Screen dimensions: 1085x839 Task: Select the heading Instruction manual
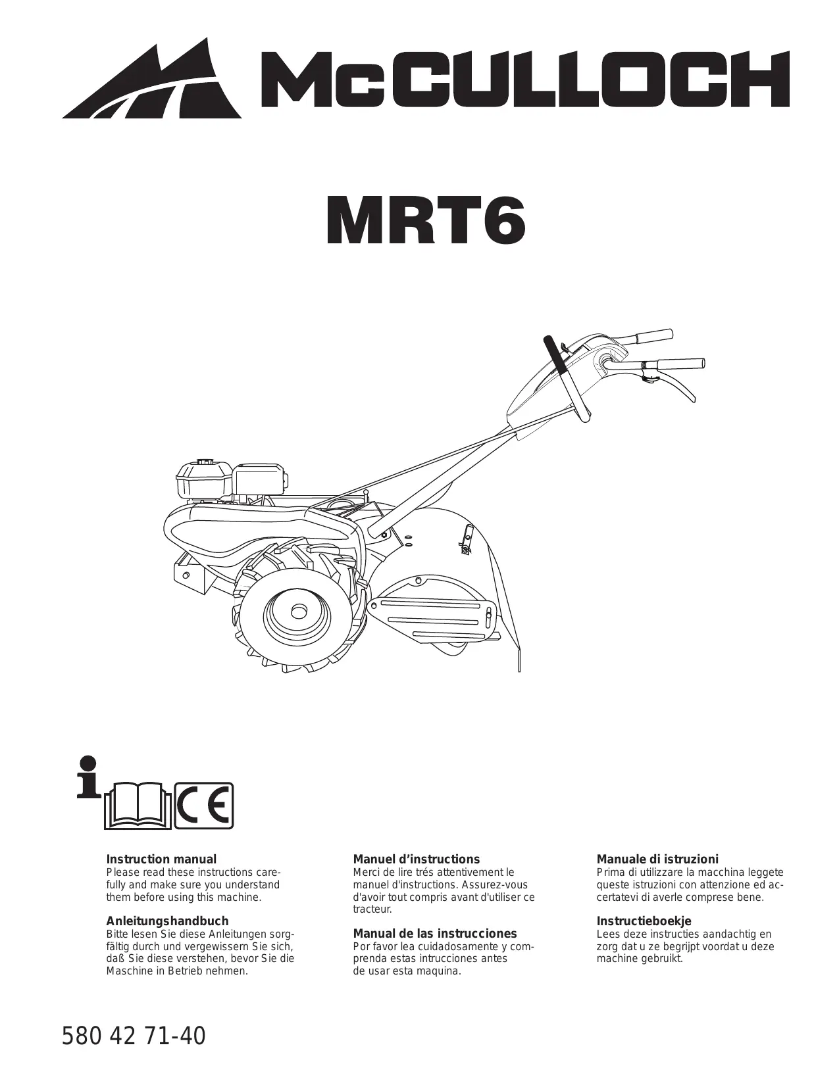pyautogui.click(x=161, y=859)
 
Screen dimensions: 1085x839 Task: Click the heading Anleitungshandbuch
pyautogui.click(x=168, y=921)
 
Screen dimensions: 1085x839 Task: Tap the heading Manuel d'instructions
pyautogui.click(x=417, y=859)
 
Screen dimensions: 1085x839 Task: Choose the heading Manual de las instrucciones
pyautogui.click(x=435, y=934)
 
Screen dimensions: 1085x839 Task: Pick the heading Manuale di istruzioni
pyautogui.click(x=657, y=859)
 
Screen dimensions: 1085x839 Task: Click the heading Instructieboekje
pyautogui.click(x=644, y=921)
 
